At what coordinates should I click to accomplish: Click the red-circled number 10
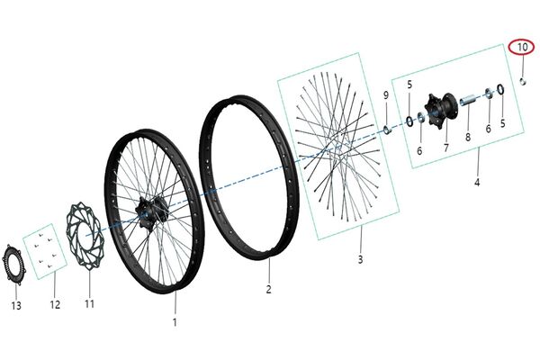tap(522, 47)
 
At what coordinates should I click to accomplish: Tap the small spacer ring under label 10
tap(523, 82)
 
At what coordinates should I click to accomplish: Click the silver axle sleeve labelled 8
tap(469, 102)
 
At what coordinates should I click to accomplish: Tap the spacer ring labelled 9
tap(387, 130)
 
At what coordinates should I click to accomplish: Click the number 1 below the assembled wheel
tap(175, 322)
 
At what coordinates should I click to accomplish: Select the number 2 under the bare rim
tap(268, 289)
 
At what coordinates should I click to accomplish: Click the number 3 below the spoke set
tap(360, 259)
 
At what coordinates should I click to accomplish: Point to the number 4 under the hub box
tap(477, 182)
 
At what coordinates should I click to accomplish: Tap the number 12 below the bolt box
tap(55, 304)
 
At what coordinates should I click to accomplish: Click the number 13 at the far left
tap(16, 306)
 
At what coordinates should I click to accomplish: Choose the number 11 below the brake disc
tap(89, 304)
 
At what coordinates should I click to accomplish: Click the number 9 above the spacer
tap(386, 95)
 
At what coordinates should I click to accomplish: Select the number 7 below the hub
tap(446, 148)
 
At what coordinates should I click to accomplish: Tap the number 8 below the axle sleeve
tap(468, 137)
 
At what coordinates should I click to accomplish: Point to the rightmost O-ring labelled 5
tap(501, 89)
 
